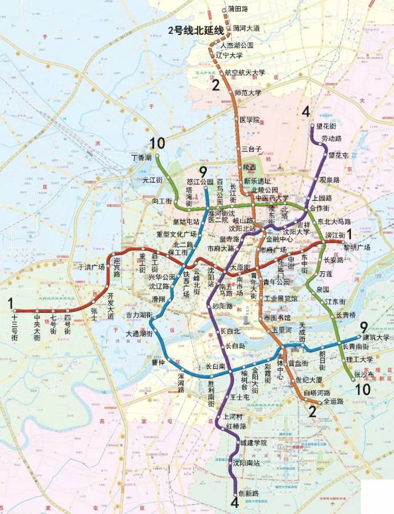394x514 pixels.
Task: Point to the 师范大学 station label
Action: click(249, 93)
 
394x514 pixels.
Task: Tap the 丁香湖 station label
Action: click(142, 158)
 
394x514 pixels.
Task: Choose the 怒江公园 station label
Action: click(199, 182)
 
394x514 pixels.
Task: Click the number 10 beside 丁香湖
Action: click(157, 144)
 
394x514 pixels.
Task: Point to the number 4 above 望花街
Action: click(306, 112)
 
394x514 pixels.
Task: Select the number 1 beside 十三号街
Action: click(9, 302)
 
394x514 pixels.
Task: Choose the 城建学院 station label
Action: click(254, 443)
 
